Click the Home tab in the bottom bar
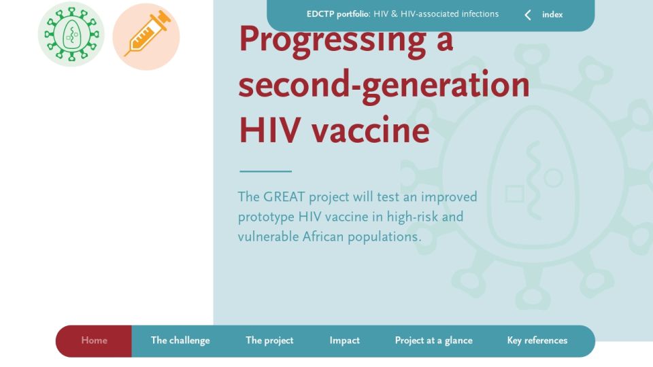pos(94,340)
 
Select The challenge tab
pos(180,340)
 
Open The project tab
pos(269,340)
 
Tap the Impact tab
pos(344,340)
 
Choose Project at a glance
pos(433,340)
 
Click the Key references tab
pos(537,340)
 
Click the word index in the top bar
pos(552,14)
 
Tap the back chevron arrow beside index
pos(528,15)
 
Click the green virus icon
pos(71,34)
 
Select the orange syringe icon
pos(146,36)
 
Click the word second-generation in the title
pos(384,85)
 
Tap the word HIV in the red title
pos(270,130)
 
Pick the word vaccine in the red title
pos(371,130)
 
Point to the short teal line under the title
pos(266,171)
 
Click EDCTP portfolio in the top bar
pos(338,14)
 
